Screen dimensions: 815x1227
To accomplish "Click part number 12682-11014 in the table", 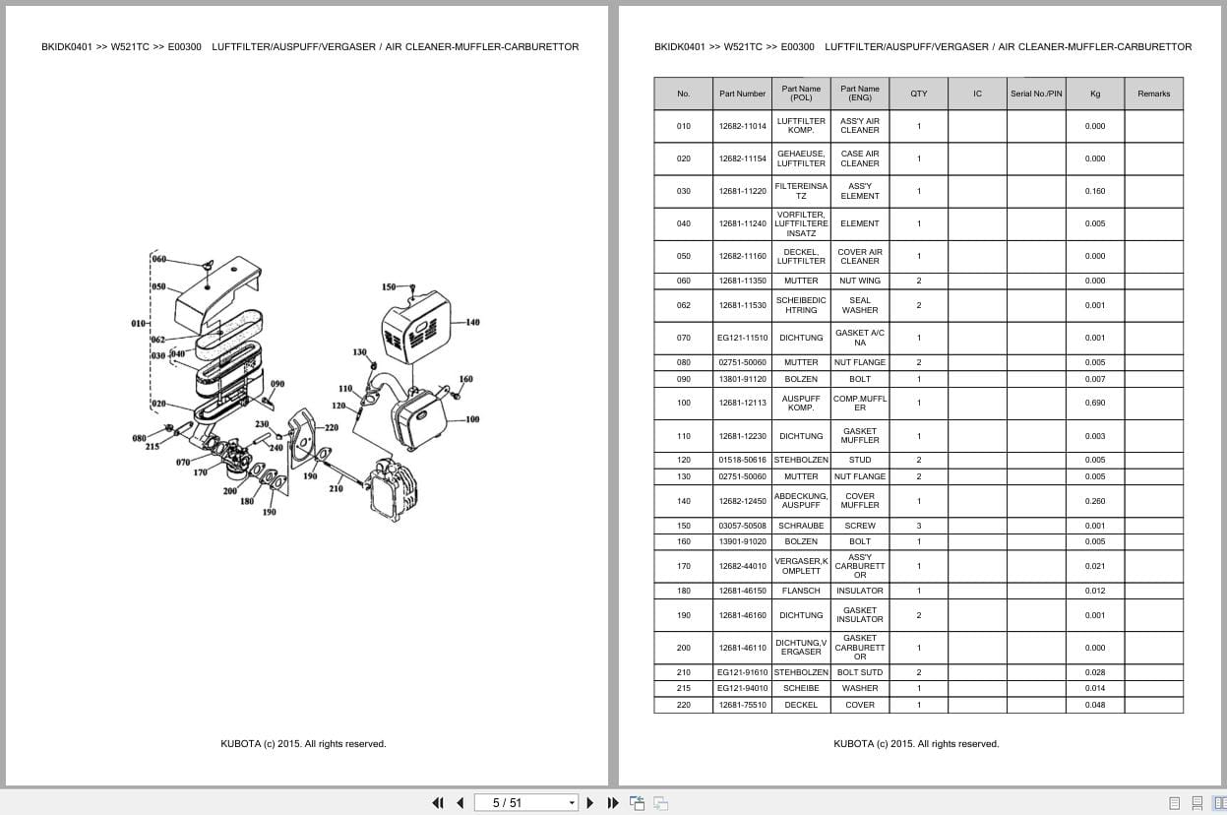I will point(742,126).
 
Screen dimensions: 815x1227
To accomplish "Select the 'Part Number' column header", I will point(742,94).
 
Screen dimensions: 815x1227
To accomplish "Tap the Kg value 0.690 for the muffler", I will point(1095,403).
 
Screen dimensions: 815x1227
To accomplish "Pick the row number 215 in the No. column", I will point(683,688).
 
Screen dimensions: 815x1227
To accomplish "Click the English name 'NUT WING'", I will point(860,281).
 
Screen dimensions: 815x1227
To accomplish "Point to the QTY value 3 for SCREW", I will point(918,526).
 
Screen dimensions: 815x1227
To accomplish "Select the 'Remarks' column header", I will point(1153,94).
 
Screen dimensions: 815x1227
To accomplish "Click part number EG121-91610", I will point(742,672).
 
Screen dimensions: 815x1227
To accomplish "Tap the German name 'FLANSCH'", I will point(801,591).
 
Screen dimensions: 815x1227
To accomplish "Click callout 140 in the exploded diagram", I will point(472,323).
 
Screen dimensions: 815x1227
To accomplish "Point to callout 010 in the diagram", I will point(139,323).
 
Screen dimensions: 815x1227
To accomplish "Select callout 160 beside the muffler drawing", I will point(465,379).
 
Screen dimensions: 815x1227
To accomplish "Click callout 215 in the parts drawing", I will point(153,447).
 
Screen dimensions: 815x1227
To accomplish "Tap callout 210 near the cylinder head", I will point(336,489).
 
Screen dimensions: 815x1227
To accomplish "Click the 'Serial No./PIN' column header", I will point(1036,94).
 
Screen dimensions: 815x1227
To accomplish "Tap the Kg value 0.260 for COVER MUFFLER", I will point(1095,501).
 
